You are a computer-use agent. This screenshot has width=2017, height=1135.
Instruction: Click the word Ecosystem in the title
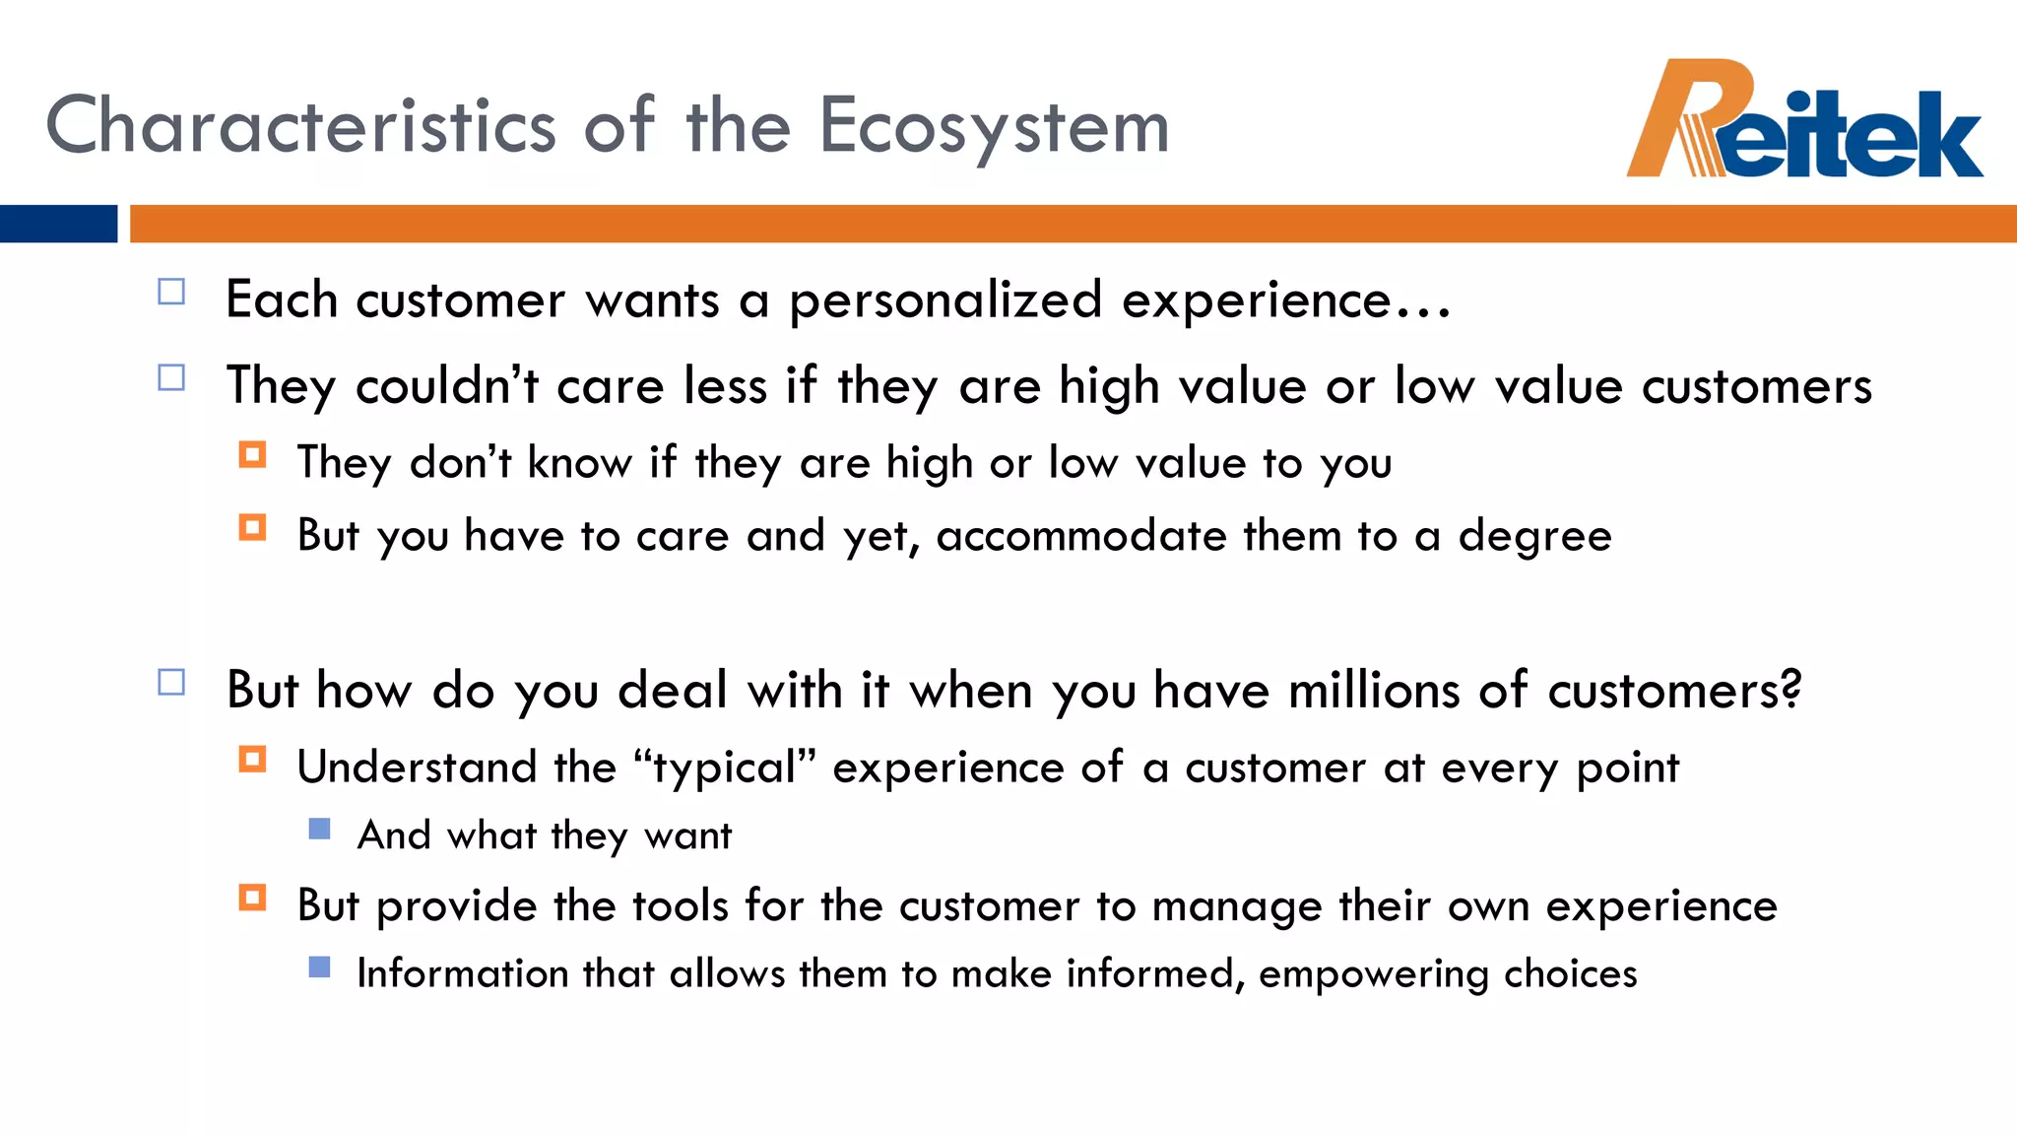click(994, 127)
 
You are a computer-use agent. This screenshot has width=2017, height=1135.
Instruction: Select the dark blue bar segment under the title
click(58, 224)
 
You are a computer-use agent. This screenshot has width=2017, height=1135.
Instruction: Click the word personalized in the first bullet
click(944, 300)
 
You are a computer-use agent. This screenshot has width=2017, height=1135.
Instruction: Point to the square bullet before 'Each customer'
click(171, 292)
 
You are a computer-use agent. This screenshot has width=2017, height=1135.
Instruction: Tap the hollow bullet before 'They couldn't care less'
click(171, 377)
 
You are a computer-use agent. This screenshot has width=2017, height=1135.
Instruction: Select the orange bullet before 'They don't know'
click(252, 454)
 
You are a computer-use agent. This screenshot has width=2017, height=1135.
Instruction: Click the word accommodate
click(1079, 536)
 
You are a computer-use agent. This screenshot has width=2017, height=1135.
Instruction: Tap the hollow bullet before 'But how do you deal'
click(171, 682)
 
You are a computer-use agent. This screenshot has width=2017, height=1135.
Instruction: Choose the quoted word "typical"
click(725, 768)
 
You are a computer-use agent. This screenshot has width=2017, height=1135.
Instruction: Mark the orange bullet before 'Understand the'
click(252, 760)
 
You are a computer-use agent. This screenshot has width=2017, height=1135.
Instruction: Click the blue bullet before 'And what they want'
click(319, 829)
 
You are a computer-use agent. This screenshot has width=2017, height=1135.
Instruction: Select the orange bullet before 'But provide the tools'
click(252, 898)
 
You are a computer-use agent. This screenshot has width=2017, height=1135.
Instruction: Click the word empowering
click(1371, 974)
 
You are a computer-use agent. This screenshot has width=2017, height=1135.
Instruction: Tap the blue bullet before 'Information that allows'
click(319, 967)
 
